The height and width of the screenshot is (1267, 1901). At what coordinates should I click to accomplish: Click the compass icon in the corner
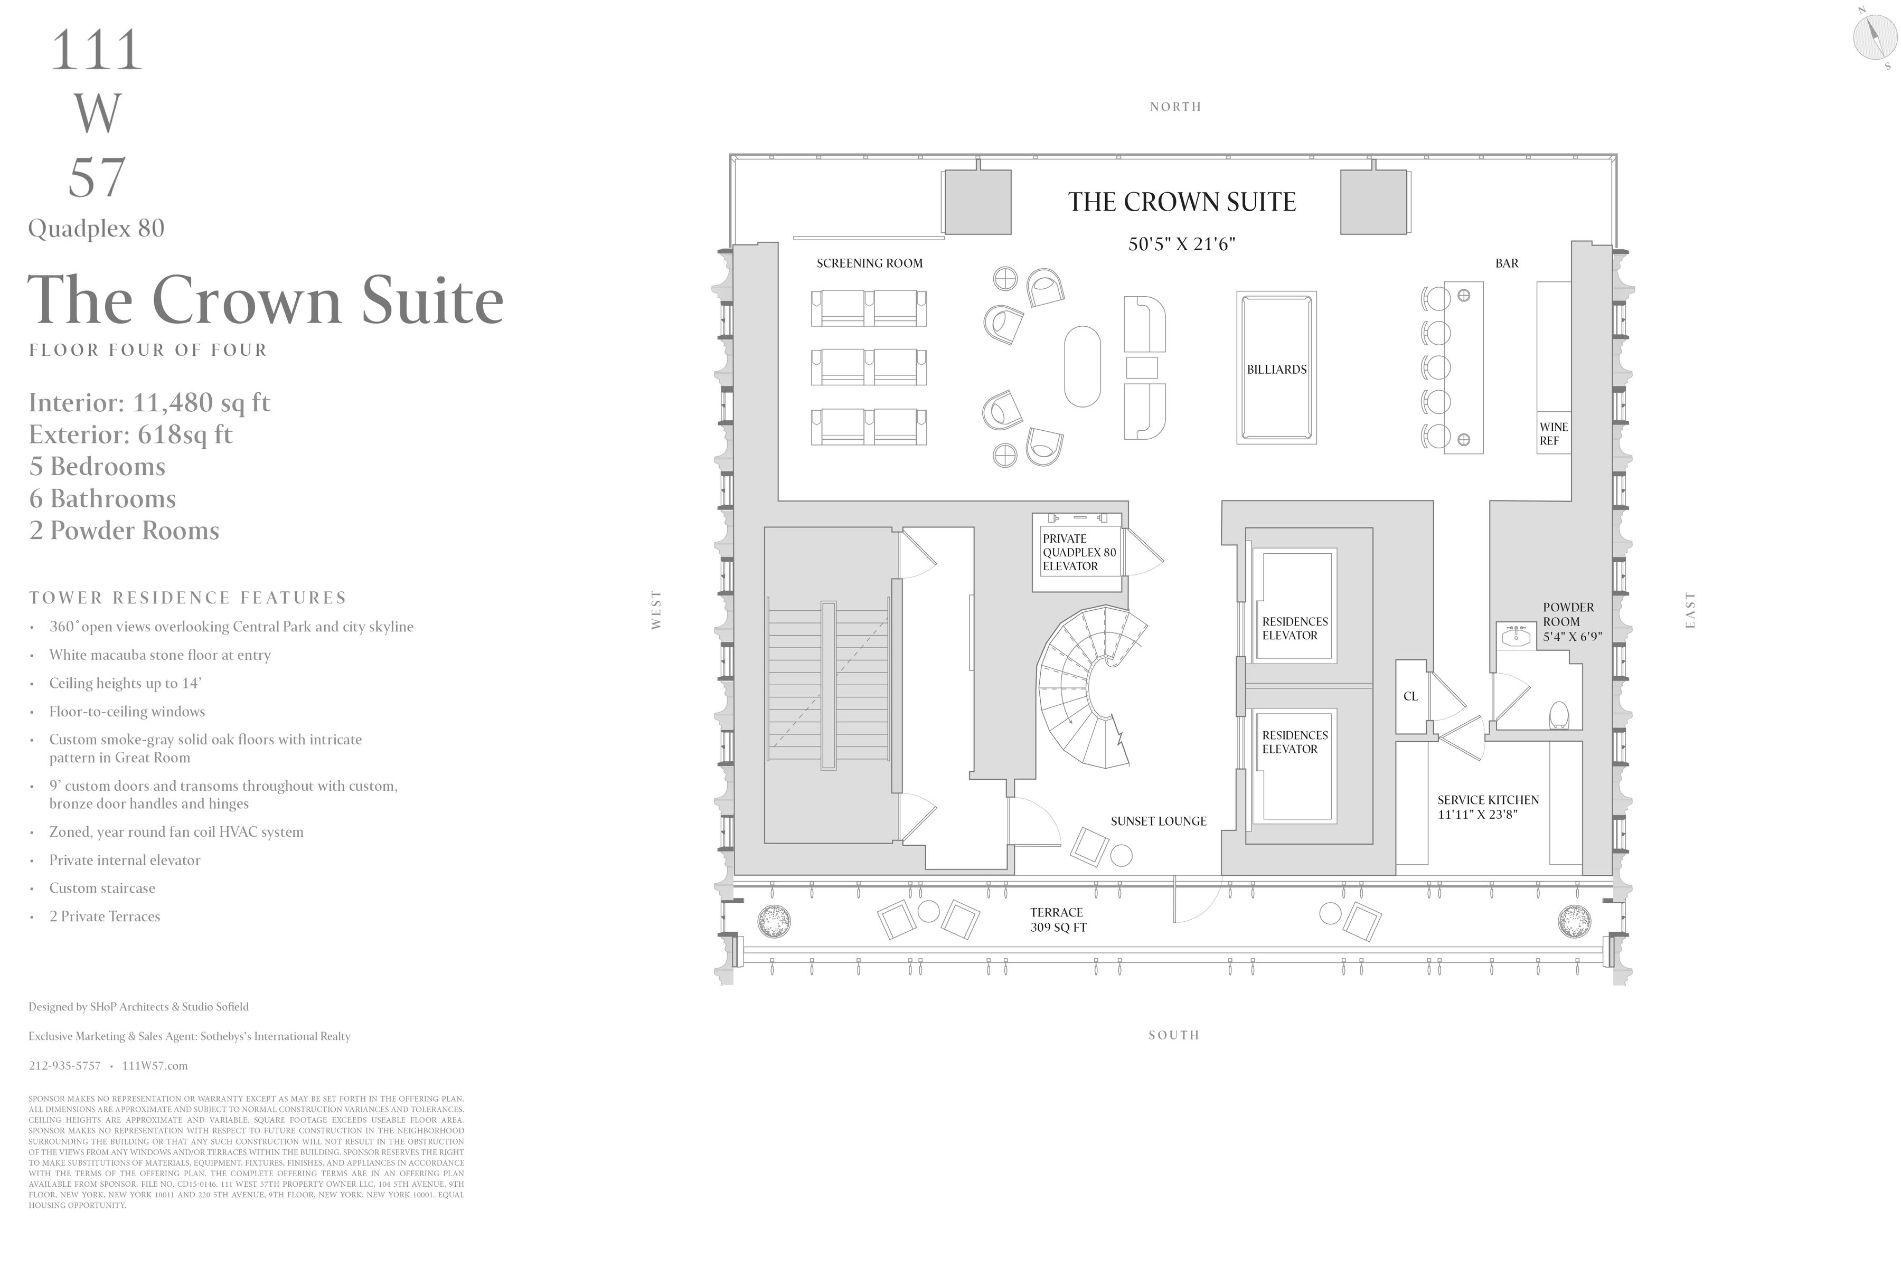pos(1874,37)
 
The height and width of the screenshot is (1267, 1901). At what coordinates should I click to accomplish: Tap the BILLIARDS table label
pos(1276,369)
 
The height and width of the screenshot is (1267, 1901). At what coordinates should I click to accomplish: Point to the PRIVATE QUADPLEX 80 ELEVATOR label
pos(1078,552)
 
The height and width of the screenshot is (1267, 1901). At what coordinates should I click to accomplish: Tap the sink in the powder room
pos(1516,637)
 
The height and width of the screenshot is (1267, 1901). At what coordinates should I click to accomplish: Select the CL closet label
pos(1410,696)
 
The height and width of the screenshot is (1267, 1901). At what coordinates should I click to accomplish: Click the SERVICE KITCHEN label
pos(1487,807)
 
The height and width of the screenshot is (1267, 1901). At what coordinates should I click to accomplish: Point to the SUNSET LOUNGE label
pos(1158,821)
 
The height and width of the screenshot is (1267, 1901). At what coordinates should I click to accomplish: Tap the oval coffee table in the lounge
pos(1082,366)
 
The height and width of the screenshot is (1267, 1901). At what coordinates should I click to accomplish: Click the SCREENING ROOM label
pos(869,263)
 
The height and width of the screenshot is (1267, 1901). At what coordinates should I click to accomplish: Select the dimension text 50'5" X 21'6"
pos(1182,244)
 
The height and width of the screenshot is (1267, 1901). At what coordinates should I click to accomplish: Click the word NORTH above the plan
pos(1175,107)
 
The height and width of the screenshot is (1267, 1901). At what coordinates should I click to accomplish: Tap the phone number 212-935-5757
pos(64,1066)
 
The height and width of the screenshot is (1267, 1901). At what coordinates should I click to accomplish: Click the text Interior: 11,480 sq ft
pos(149,402)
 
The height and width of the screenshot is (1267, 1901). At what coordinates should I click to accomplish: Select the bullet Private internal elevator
pos(125,860)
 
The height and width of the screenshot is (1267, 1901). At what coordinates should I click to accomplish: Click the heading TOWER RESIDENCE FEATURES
pos(187,598)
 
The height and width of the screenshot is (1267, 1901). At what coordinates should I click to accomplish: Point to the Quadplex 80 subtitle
pos(96,229)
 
